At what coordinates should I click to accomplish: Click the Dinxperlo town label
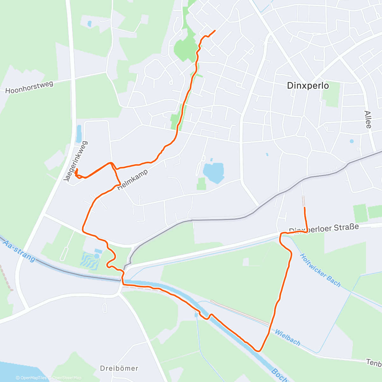[308, 86]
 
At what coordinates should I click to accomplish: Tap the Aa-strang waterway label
[19, 251]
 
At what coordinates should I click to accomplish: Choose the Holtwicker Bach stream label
[320, 270]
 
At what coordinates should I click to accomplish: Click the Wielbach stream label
[287, 337]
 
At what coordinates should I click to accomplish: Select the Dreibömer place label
[119, 368]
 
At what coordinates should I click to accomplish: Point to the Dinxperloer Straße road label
[324, 228]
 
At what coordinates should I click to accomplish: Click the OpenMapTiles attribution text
[31, 378]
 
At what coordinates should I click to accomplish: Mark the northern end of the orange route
[215, 31]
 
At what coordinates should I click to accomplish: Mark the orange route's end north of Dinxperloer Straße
[305, 208]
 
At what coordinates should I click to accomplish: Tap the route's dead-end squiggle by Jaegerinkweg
[76, 173]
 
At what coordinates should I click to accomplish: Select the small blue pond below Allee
[351, 141]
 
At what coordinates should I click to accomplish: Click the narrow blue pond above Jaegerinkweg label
[79, 134]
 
